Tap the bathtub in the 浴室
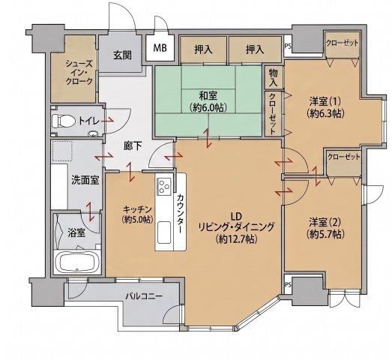(x=78, y=262)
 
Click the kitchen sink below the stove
(x=164, y=232)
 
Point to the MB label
(x=160, y=48)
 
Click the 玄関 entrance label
(x=122, y=55)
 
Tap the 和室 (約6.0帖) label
(x=208, y=101)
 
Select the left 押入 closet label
(x=204, y=49)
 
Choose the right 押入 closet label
(x=255, y=49)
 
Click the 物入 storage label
(x=274, y=78)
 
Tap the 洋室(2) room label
(x=325, y=227)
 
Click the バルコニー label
(x=144, y=297)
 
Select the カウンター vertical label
(x=181, y=214)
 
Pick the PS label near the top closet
(x=288, y=46)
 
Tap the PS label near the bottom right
(x=288, y=285)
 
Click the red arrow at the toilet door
(x=106, y=121)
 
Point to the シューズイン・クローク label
(x=79, y=73)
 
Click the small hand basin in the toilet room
(x=93, y=133)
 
